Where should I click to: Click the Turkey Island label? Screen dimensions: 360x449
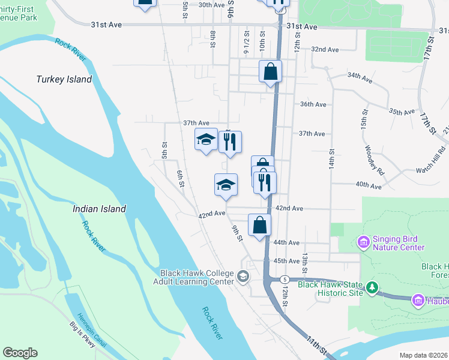64,79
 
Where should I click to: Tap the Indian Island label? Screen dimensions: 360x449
99,209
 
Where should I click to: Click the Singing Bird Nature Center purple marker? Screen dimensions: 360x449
363,242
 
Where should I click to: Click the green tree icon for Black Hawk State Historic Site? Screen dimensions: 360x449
372,287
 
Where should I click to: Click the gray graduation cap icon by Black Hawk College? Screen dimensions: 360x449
243,277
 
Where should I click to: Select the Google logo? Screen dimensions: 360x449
20,353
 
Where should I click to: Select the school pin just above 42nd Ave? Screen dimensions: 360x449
226,184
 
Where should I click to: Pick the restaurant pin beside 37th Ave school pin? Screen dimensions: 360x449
230,142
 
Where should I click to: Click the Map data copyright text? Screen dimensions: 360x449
424,355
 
